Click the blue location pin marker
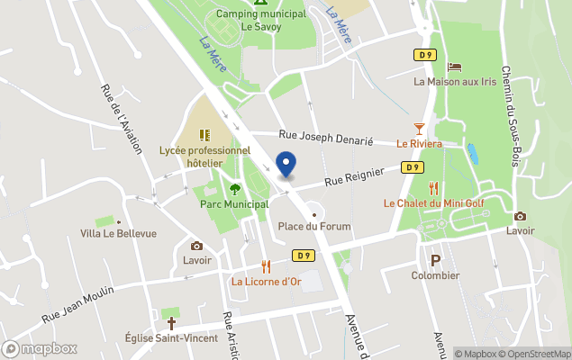pyautogui.click(x=286, y=166)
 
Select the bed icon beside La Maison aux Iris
pyautogui.click(x=454, y=67)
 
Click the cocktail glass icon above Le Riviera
pyautogui.click(x=419, y=129)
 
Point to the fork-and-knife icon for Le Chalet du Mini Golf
pyautogui.click(x=433, y=188)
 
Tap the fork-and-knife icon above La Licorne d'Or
pyautogui.click(x=266, y=266)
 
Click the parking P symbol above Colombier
pyautogui.click(x=436, y=260)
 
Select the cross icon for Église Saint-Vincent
pyautogui.click(x=170, y=322)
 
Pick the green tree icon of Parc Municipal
pyautogui.click(x=235, y=189)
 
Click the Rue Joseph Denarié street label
pyautogui.click(x=339, y=137)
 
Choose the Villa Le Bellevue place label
pyautogui.click(x=118, y=233)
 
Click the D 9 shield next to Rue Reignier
pyautogui.click(x=413, y=167)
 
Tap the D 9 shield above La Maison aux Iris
pyautogui.click(x=426, y=55)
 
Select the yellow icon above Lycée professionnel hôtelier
pyautogui.click(x=204, y=135)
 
